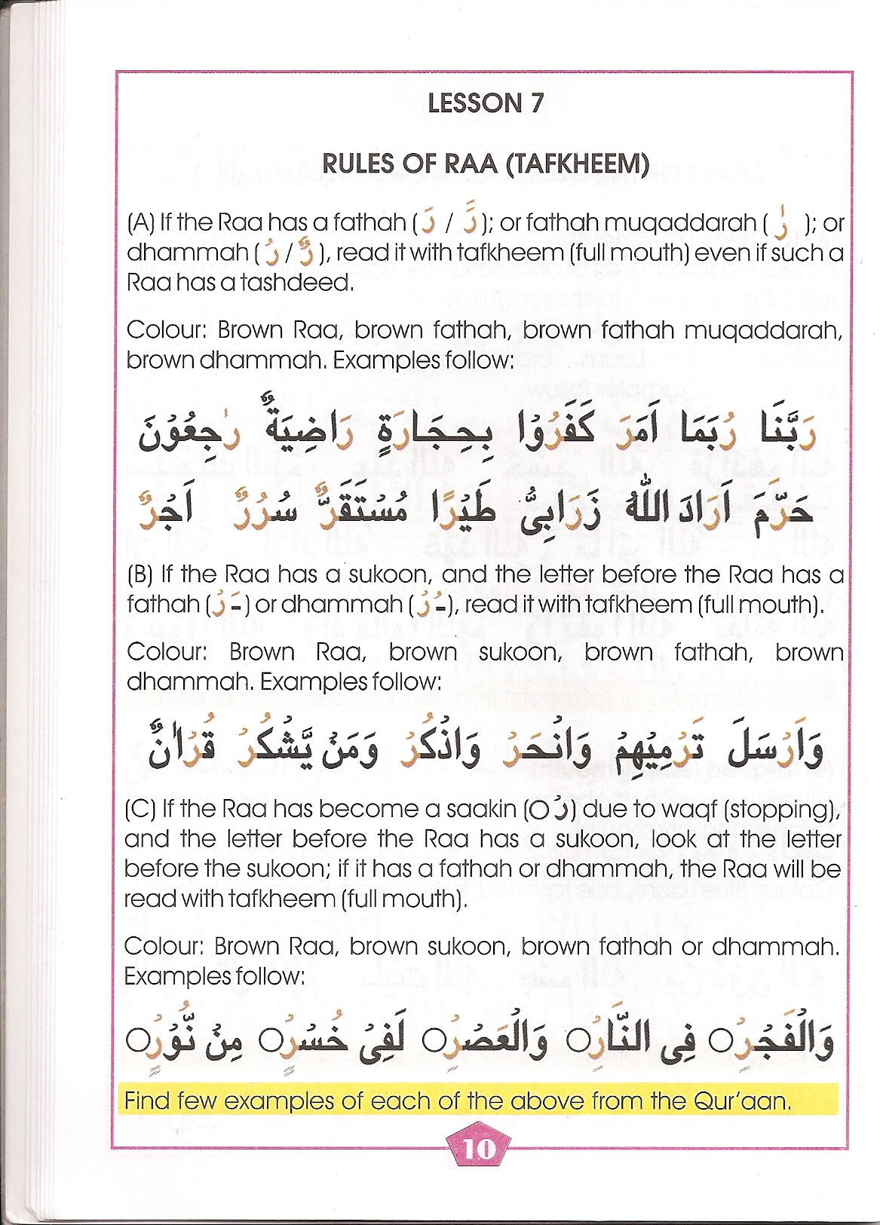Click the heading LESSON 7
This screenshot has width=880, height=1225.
(x=485, y=103)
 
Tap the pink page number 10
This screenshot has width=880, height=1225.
(x=480, y=1148)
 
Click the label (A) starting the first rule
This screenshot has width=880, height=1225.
(x=141, y=222)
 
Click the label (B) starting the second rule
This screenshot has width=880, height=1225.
(x=141, y=574)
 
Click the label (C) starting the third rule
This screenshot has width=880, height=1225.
(x=140, y=809)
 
